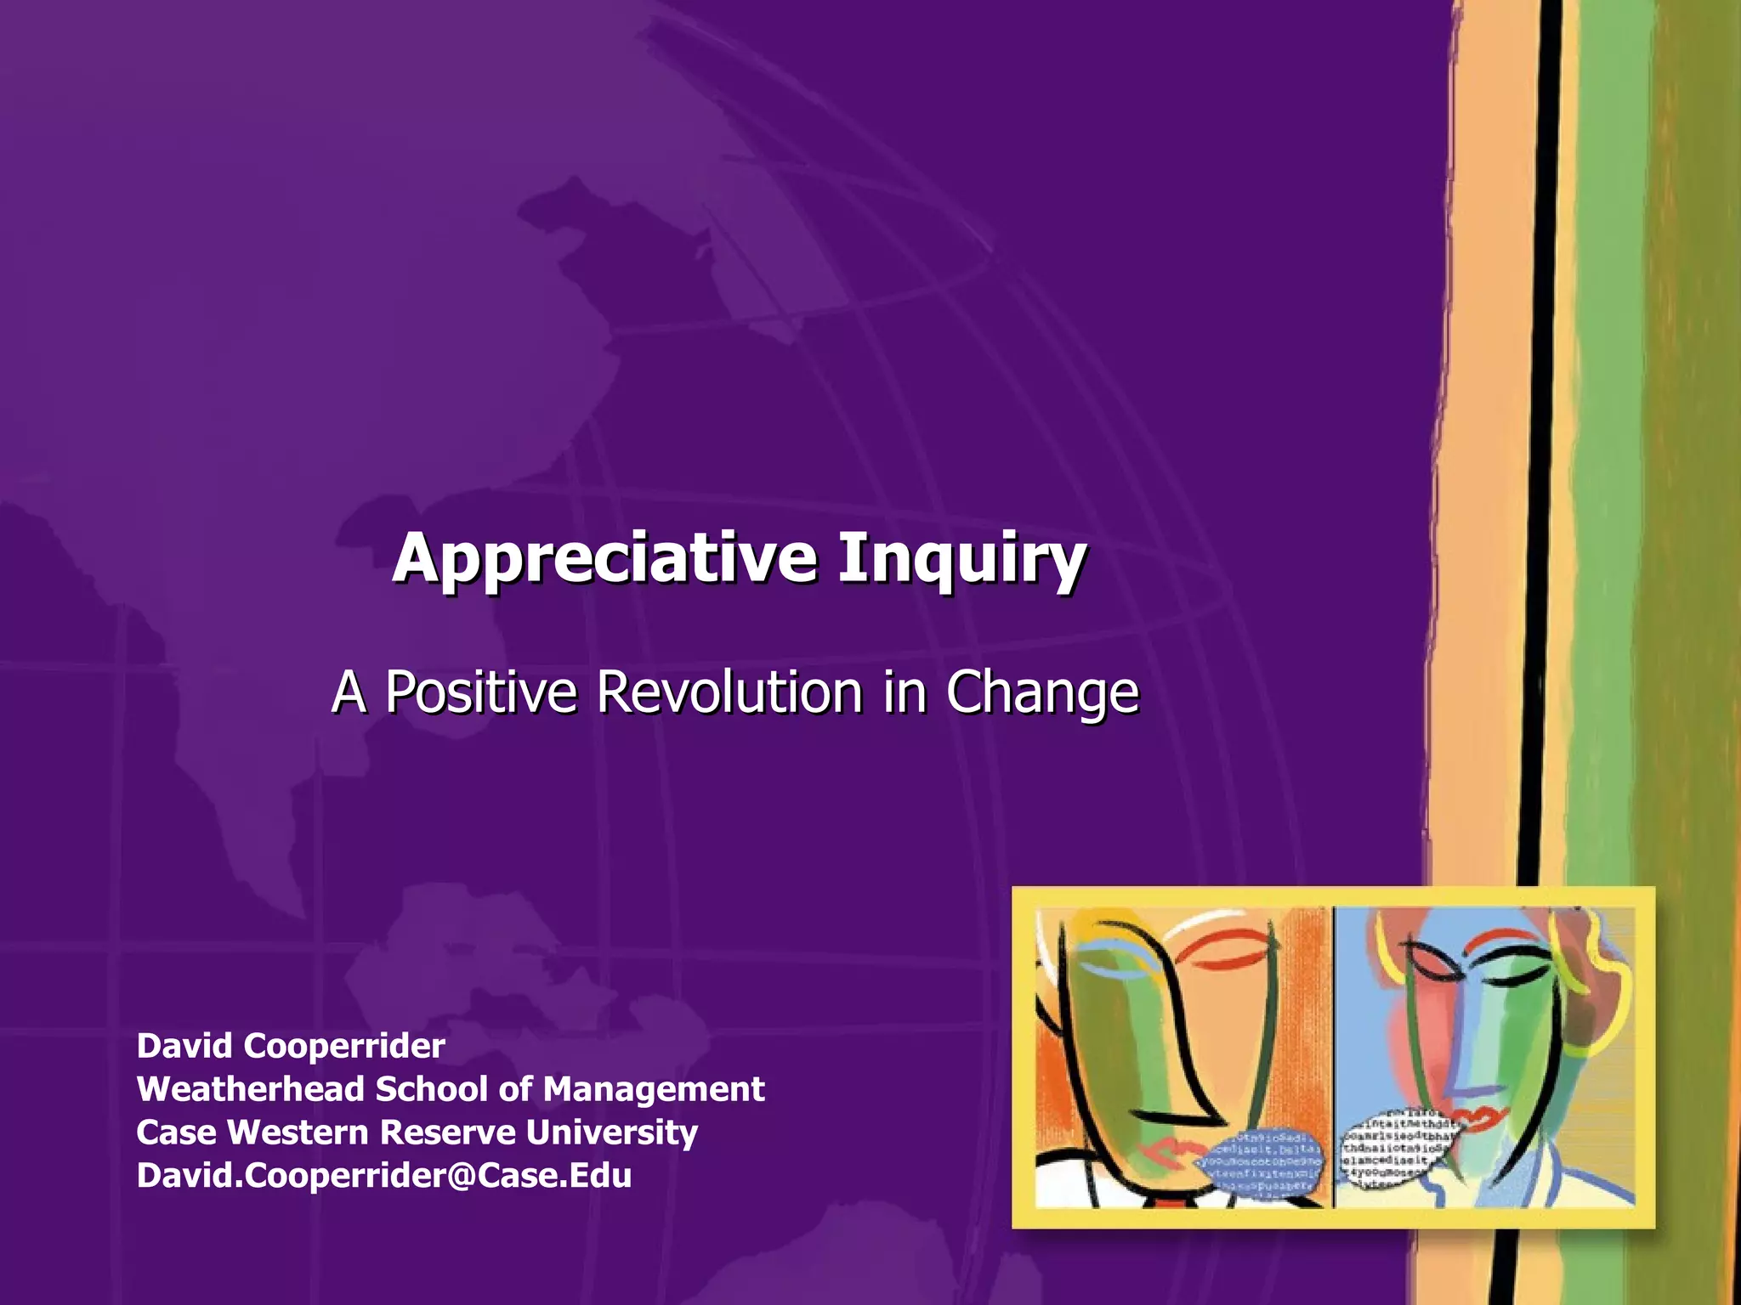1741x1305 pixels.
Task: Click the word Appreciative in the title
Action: point(604,558)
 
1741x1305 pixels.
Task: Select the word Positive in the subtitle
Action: point(481,692)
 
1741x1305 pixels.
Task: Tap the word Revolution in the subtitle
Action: point(729,692)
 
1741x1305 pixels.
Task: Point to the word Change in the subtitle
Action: point(1041,693)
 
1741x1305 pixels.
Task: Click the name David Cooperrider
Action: point(291,1046)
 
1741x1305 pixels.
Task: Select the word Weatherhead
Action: point(250,1089)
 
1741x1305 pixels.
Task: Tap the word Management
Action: point(654,1089)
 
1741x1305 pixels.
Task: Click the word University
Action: point(611,1133)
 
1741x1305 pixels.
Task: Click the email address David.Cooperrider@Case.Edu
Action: point(383,1176)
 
